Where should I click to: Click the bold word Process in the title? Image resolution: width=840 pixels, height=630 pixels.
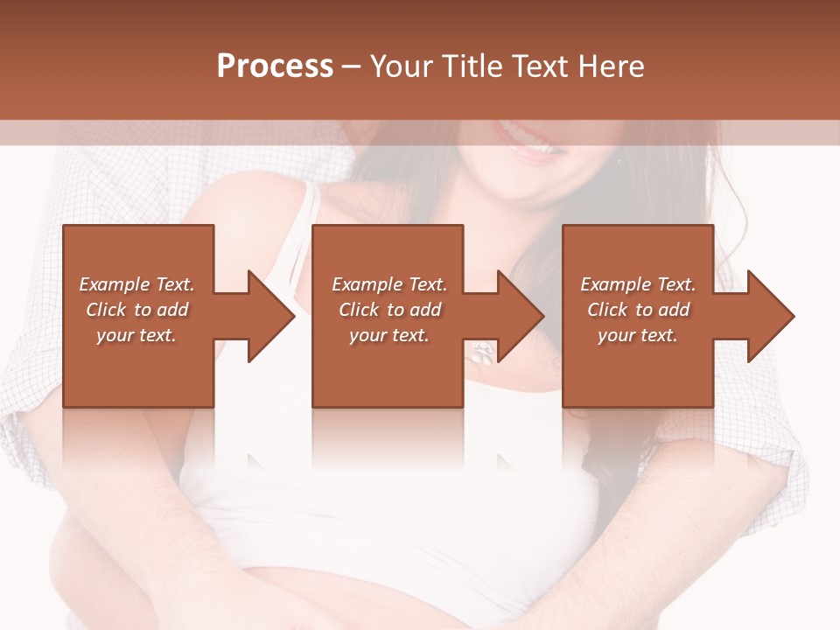pyautogui.click(x=275, y=66)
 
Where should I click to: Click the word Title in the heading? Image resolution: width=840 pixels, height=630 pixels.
pyautogui.click(x=472, y=66)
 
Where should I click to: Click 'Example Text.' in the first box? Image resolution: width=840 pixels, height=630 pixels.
pyautogui.click(x=136, y=284)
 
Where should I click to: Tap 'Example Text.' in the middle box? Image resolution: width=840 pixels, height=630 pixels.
pyautogui.click(x=389, y=284)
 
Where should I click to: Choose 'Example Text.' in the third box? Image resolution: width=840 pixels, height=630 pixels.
pyautogui.click(x=638, y=284)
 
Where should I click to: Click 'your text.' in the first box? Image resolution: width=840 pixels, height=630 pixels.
pyautogui.click(x=136, y=335)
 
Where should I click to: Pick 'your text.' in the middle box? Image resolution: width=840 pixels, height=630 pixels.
pyautogui.click(x=389, y=335)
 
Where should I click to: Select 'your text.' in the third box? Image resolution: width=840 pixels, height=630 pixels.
pyautogui.click(x=638, y=335)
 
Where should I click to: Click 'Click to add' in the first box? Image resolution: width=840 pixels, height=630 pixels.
pyautogui.click(x=136, y=310)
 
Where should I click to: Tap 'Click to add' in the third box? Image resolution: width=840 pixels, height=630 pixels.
pyautogui.click(x=638, y=310)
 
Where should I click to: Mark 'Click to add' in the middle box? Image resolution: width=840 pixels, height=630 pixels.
pyautogui.click(x=389, y=310)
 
